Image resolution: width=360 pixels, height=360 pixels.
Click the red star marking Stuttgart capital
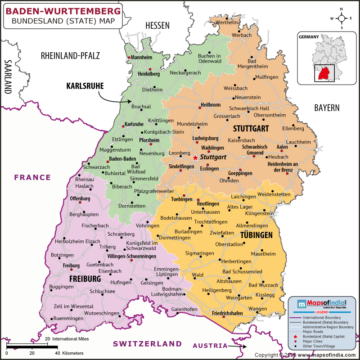[x=195, y=158]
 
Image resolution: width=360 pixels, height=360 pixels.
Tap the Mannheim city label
[x=141, y=58]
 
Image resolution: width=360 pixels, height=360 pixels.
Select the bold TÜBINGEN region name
[x=256, y=235]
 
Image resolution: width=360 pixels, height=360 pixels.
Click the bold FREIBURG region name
[x=85, y=279]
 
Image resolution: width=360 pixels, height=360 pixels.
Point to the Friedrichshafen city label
[x=227, y=313]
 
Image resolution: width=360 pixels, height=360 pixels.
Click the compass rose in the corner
[x=342, y=18]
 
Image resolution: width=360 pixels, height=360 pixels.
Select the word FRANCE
[x=32, y=177]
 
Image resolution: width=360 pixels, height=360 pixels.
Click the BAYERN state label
[x=327, y=108]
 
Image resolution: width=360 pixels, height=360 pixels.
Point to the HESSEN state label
[x=157, y=26]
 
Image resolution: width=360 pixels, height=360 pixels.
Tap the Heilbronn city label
[x=210, y=105]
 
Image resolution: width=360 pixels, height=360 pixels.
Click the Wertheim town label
[x=227, y=22]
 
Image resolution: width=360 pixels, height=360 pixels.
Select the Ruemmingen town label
[x=68, y=318]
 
